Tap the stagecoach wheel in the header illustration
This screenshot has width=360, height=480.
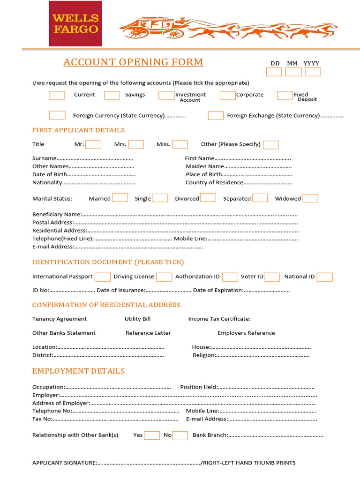[139, 32]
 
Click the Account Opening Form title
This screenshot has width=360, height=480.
[133, 62]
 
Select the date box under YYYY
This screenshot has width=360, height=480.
[313, 72]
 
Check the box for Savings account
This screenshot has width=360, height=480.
[112, 95]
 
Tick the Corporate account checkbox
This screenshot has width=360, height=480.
[227, 95]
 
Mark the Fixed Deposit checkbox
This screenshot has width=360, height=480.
[285, 95]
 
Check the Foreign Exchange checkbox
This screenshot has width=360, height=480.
[216, 115]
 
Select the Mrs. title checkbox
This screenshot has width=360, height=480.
[136, 144]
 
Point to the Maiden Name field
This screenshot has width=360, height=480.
[258, 167]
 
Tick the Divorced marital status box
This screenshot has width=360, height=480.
[208, 198]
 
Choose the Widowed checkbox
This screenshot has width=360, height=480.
[310, 198]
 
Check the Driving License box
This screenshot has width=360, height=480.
[164, 277]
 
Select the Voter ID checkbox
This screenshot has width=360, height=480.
[272, 277]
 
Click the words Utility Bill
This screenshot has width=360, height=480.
[137, 319]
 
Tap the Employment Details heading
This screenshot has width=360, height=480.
[78, 371]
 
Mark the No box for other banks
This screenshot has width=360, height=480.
[180, 435]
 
